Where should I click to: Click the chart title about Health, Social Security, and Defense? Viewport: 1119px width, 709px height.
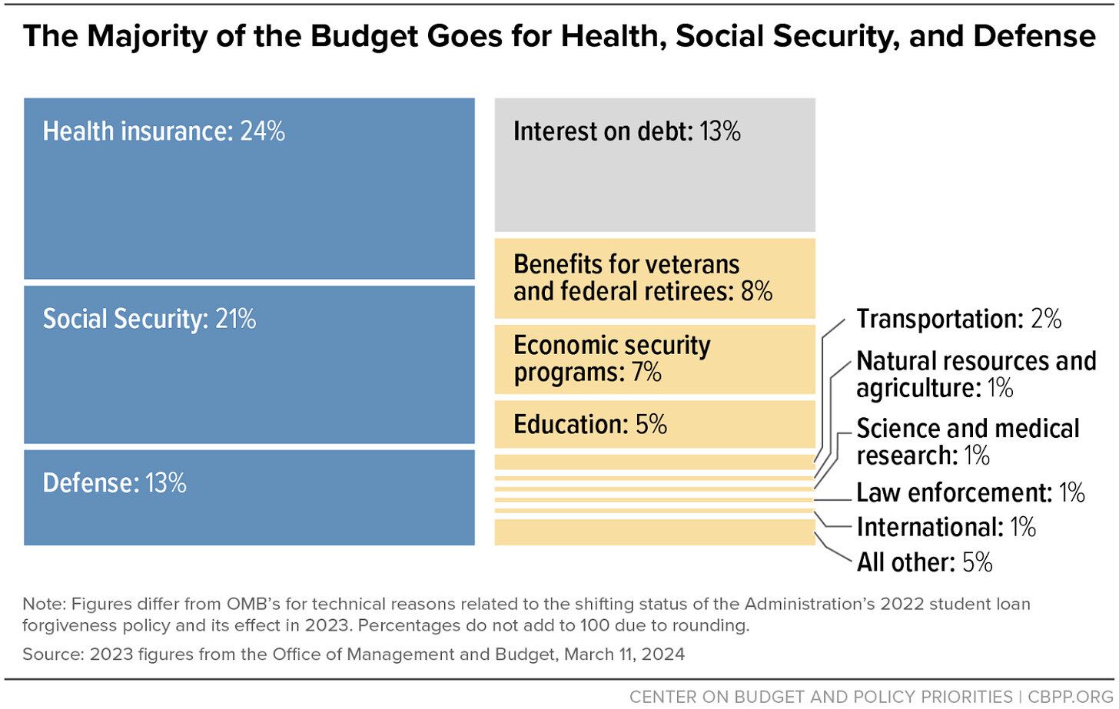[x=559, y=36]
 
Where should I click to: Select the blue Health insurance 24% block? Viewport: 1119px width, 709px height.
[x=249, y=188]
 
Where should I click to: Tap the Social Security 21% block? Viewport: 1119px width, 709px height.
[x=249, y=365]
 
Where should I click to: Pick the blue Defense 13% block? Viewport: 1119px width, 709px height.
[x=249, y=498]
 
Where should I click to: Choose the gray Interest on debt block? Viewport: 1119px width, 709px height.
[x=654, y=165]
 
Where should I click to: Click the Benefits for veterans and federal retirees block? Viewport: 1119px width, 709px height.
[x=654, y=278]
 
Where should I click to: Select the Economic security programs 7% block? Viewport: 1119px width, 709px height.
[x=654, y=359]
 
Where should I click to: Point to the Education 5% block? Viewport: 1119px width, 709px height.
[x=654, y=424]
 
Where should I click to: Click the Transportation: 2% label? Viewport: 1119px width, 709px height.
[x=958, y=319]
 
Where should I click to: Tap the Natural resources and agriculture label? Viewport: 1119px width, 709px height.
[x=975, y=374]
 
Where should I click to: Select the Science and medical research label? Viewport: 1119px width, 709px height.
[x=967, y=442]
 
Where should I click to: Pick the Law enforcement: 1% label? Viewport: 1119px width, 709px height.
[x=970, y=492]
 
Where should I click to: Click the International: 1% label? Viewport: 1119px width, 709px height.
[x=946, y=527]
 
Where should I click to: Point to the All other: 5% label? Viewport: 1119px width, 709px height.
[x=924, y=562]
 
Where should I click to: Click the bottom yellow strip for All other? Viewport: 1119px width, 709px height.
[x=654, y=532]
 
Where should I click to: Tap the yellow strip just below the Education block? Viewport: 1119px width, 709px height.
[x=654, y=462]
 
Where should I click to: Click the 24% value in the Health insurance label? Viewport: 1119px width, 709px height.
[x=262, y=131]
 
